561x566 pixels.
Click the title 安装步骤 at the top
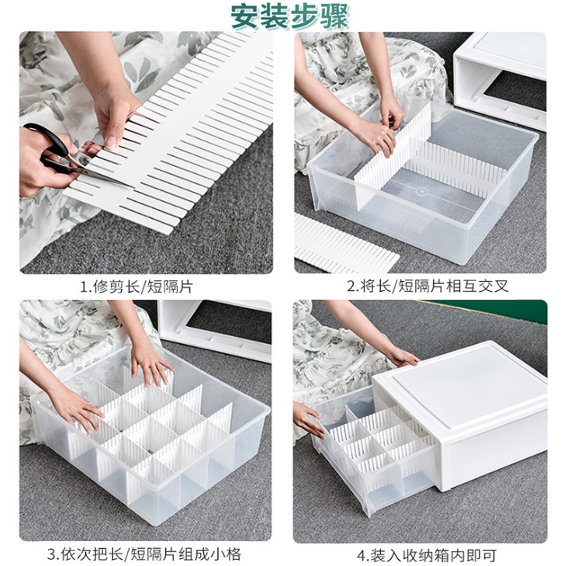click(x=290, y=16)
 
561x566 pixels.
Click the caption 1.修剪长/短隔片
click(x=137, y=287)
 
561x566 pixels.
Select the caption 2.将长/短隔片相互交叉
click(x=428, y=287)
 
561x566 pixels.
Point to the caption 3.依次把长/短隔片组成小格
click(x=144, y=554)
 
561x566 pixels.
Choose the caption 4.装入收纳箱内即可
click(x=427, y=554)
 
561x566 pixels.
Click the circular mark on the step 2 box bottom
click(x=421, y=191)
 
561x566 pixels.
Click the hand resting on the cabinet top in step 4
click(x=400, y=356)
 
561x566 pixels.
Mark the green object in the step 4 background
click(x=483, y=311)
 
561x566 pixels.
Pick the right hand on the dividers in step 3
click(x=151, y=363)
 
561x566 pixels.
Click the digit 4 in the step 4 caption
click(x=361, y=555)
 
